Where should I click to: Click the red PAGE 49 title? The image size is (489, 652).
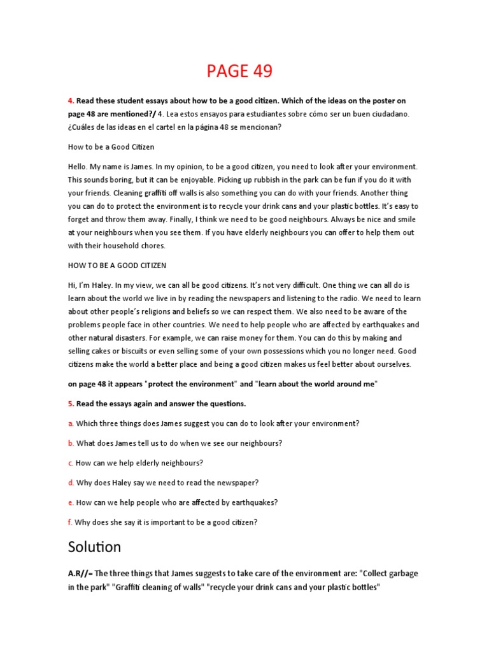pyautogui.click(x=239, y=71)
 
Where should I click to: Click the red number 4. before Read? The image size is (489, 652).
pyautogui.click(x=71, y=101)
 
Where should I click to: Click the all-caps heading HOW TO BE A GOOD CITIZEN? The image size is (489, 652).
pyautogui.click(x=117, y=265)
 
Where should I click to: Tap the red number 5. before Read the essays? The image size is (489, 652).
pyautogui.click(x=71, y=404)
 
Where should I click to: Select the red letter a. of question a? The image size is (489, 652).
pyautogui.click(x=71, y=423)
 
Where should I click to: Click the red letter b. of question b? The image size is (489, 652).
pyautogui.click(x=71, y=443)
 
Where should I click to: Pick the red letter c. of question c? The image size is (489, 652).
pyautogui.click(x=71, y=463)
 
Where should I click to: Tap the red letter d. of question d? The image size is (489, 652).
pyautogui.click(x=71, y=483)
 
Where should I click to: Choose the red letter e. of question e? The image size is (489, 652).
pyautogui.click(x=71, y=502)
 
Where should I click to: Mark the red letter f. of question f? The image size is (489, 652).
pyautogui.click(x=70, y=522)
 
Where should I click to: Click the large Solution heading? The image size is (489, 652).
pyautogui.click(x=94, y=548)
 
